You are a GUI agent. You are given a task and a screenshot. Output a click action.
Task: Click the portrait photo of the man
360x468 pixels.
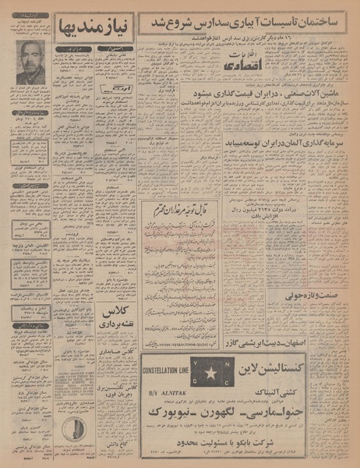(x=32, y=63)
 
